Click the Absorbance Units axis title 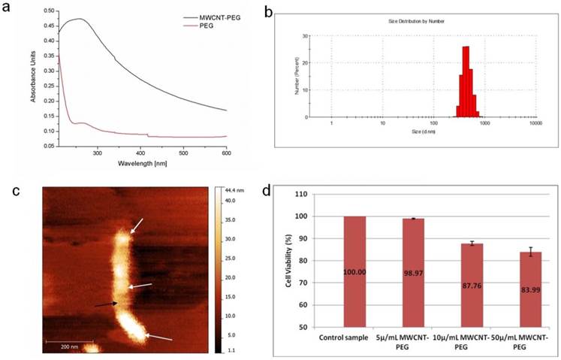33,80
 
